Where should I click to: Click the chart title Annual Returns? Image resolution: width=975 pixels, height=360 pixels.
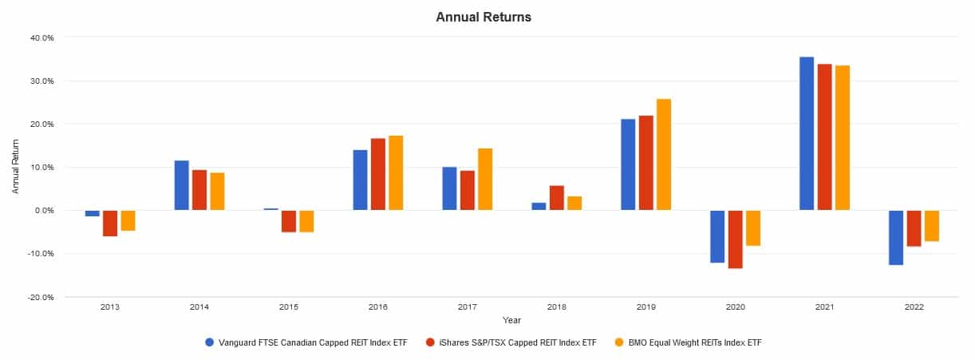coord(483,17)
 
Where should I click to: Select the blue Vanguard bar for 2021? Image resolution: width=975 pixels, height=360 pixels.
coord(807,133)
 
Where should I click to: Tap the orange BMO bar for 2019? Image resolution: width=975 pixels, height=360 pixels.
coord(663,155)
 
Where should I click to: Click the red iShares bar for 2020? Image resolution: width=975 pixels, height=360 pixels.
coord(735,239)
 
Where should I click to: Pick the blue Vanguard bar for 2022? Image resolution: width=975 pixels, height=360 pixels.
coord(896,237)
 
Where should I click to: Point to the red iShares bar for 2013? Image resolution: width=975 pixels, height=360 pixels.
coord(110,223)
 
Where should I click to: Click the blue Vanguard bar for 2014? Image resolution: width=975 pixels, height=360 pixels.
coord(182,185)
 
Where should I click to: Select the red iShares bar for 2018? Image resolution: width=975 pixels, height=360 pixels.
coord(556,198)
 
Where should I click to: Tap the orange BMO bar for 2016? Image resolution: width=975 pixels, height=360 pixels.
coord(395,173)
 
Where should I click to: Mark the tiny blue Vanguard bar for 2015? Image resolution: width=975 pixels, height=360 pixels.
coord(271,209)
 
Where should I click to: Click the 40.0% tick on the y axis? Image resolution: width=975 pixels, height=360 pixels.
coord(41,38)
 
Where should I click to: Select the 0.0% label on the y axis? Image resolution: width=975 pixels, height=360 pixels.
coord(43,211)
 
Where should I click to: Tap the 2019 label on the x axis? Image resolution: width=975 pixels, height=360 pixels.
coord(645,307)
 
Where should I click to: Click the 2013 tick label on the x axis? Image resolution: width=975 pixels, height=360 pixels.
coord(110,307)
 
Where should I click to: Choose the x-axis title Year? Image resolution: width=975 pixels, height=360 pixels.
coord(511,320)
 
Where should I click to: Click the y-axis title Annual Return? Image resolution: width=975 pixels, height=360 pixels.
coord(16,167)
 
